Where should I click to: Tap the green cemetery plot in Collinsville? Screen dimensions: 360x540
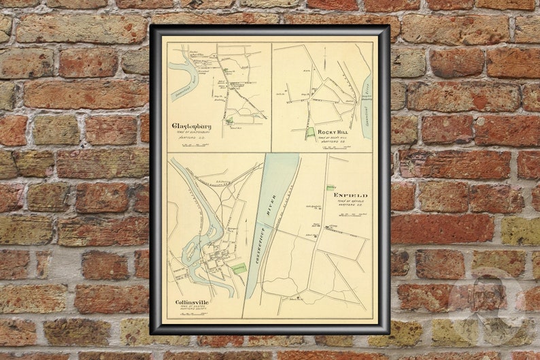[x=239, y=269]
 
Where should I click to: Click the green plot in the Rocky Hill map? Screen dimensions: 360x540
[x=310, y=133]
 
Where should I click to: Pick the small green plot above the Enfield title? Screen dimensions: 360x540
[x=331, y=188]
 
